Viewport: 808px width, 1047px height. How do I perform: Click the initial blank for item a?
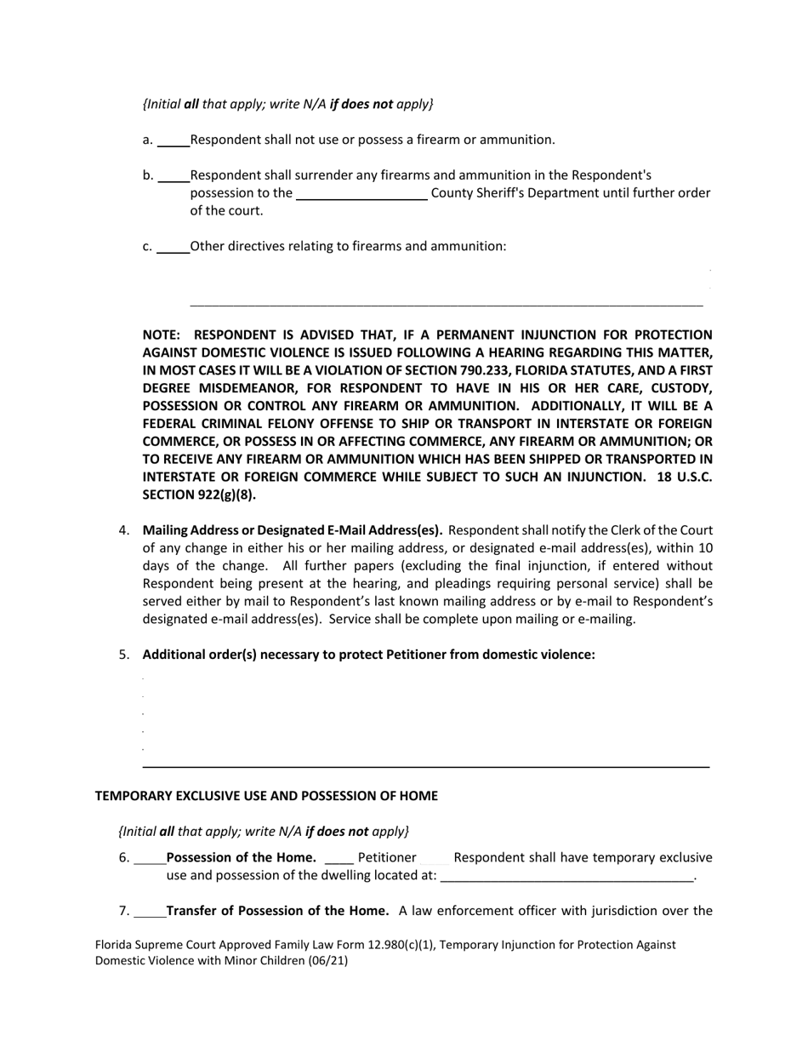pyautogui.click(x=174, y=140)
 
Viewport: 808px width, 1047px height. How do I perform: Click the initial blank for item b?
pyautogui.click(x=174, y=176)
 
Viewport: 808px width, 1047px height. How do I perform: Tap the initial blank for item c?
pyautogui.click(x=174, y=247)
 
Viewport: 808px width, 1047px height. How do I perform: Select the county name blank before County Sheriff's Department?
pyautogui.click(x=361, y=194)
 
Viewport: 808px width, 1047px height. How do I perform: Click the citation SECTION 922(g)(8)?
pyautogui.click(x=199, y=495)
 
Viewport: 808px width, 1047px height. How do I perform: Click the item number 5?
pyautogui.click(x=124, y=655)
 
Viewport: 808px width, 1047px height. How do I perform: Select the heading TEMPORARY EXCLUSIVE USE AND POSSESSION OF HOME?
pyautogui.click(x=266, y=796)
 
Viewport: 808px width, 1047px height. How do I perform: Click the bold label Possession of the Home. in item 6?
pyautogui.click(x=242, y=857)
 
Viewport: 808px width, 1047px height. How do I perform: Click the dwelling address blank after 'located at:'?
pyautogui.click(x=567, y=876)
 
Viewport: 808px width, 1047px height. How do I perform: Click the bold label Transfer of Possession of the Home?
pyautogui.click(x=277, y=911)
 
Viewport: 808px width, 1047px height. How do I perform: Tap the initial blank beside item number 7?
pyautogui.click(x=150, y=912)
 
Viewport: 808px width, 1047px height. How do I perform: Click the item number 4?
pyautogui.click(x=124, y=530)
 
